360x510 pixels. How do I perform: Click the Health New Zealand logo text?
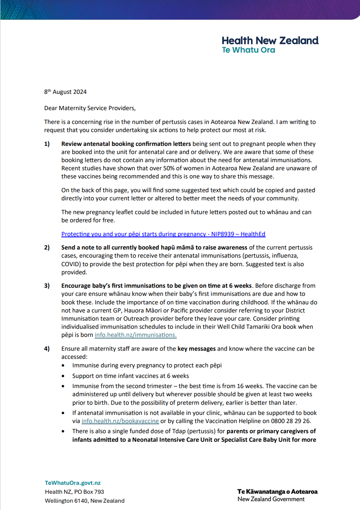270,41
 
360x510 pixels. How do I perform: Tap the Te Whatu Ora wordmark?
248,50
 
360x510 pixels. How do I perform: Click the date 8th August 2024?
65,92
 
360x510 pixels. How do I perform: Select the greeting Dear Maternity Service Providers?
90,108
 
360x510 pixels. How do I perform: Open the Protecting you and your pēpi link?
163,234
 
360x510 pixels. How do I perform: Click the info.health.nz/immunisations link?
135,335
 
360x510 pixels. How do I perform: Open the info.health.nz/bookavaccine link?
120,421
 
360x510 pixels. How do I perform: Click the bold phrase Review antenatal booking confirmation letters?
126,144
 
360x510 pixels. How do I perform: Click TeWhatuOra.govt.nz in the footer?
73,483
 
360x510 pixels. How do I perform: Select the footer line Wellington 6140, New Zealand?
85,501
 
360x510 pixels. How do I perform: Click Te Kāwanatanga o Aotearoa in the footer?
278,492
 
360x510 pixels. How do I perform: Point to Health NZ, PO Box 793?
74,492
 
